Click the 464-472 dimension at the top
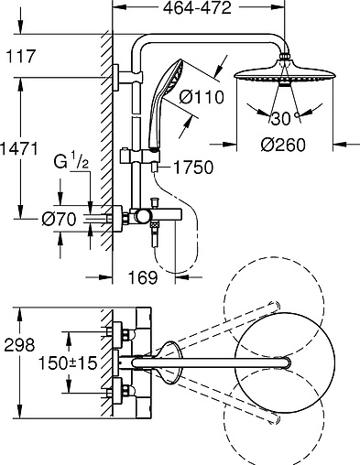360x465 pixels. click(197, 8)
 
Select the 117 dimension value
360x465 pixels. click(21, 57)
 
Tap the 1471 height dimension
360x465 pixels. click(19, 148)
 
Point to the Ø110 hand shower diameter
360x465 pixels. click(202, 97)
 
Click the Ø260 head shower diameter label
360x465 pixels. click(283, 145)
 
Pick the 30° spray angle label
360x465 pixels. click(285, 118)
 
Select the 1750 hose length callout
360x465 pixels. click(193, 168)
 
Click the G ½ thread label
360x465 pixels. click(71, 162)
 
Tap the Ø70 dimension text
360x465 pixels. click(59, 219)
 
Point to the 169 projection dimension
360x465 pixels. click(143, 277)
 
